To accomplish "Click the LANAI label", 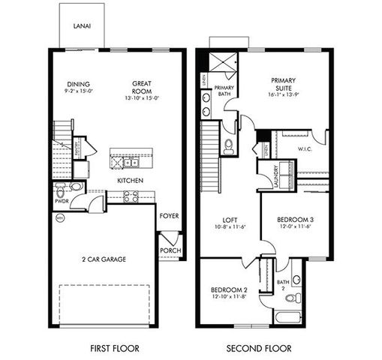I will point(82,25).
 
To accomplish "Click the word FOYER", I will point(169,216).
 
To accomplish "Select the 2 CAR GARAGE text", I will point(104,259).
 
